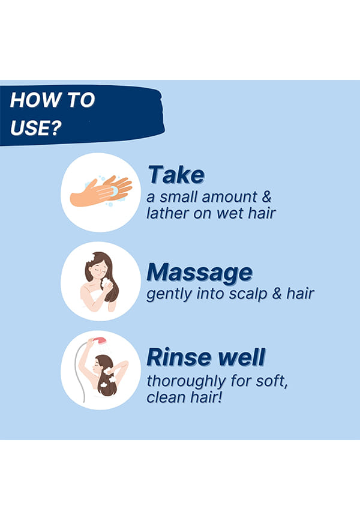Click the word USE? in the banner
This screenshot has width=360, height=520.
[36, 128]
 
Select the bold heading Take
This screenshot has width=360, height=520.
[176, 175]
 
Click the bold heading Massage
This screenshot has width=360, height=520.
[200, 273]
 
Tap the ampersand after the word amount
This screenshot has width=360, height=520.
[266, 197]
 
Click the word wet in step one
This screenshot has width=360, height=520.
[230, 213]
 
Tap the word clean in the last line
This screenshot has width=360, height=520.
[166, 398]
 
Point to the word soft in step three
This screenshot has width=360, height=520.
[272, 381]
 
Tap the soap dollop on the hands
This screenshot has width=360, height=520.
[114, 191]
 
